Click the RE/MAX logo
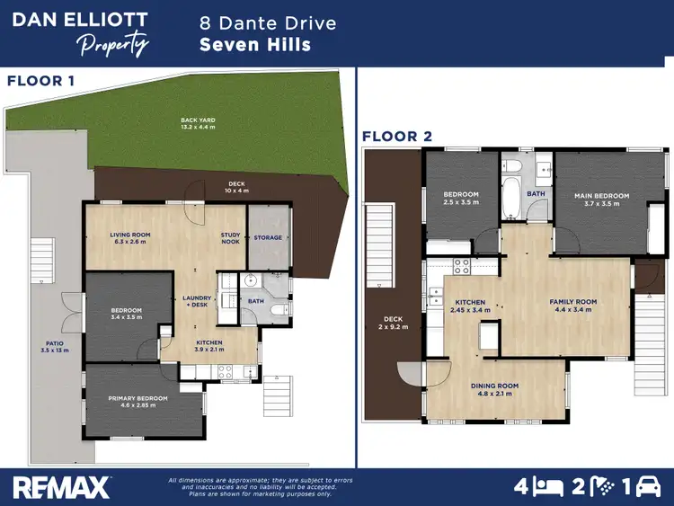pos(62,486)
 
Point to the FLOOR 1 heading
pos(41,81)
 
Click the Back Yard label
pos(198,123)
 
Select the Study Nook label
pos(231,238)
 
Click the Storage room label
pos(268,238)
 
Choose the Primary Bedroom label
pos(137,401)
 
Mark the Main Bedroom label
pos(602,199)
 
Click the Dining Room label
pos(494,389)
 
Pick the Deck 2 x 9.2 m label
pos(394,322)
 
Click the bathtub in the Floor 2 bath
pos(510,199)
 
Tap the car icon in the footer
pos(646,486)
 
